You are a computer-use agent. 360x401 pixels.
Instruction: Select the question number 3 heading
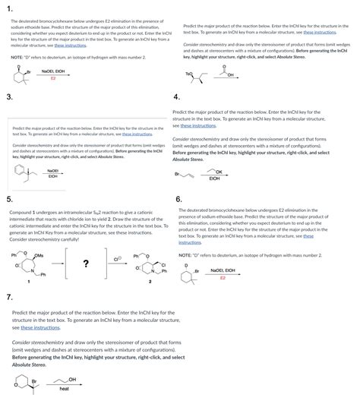pyautogui.click(x=8, y=98)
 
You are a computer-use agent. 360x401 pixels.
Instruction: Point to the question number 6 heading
pyautogui.click(x=178, y=199)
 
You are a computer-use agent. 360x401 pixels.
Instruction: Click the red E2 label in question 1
pyautogui.click(x=53, y=78)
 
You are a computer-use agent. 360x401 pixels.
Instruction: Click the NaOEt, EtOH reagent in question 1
pyautogui.click(x=52, y=71)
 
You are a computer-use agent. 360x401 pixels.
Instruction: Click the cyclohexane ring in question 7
pyautogui.click(x=19, y=384)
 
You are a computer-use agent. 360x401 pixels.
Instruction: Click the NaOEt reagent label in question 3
pyautogui.click(x=53, y=171)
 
